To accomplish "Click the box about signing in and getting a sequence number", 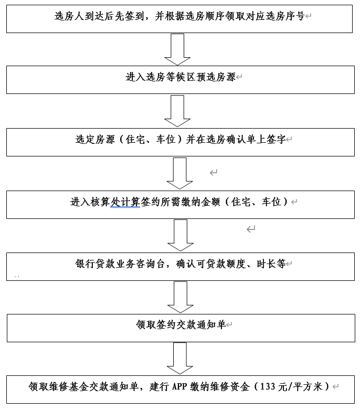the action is [179, 19].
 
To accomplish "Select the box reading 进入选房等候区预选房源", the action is [181, 80].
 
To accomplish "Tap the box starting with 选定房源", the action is [181, 142].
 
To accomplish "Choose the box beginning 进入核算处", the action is [181, 205].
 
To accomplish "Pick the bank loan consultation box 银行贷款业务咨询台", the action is [181, 267].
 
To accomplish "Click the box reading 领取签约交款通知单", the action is [181, 328].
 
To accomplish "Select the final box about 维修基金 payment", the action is [181, 390].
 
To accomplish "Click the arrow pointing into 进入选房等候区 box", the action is [177, 49].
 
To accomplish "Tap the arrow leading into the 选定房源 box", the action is [177, 111].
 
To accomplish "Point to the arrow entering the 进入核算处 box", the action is [179, 173].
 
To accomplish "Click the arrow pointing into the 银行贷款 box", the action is [181, 235].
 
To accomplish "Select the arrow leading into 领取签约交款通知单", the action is [181, 297].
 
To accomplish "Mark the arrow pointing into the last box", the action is [180, 359].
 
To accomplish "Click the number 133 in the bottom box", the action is [268, 386].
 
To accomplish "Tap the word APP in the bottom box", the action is [179, 386].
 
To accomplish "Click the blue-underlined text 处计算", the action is [125, 202].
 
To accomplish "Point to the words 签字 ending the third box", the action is [276, 139].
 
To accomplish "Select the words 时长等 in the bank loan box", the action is [271, 264].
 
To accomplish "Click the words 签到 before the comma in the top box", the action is [135, 16].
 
